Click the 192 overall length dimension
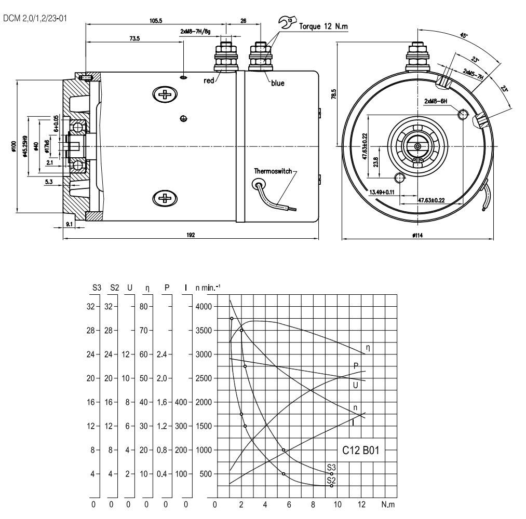tap(191, 235)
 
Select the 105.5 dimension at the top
tap(156, 21)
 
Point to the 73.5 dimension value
tap(134, 38)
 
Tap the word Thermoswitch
tap(272, 170)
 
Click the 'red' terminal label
tap(209, 80)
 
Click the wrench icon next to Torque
tap(286, 21)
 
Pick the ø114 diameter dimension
tap(416, 235)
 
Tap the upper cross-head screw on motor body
tap(165, 94)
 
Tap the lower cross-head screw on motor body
tap(165, 198)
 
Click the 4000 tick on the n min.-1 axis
tap(203, 306)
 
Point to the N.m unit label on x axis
tap(387, 504)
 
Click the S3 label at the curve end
tap(332, 467)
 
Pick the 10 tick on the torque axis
tap(338, 504)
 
